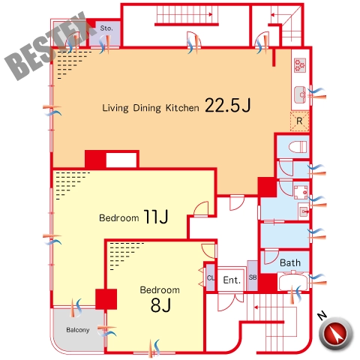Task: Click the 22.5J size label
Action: (x=228, y=105)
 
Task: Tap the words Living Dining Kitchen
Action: (x=151, y=108)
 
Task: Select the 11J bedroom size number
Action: (x=156, y=217)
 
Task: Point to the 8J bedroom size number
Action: (x=160, y=305)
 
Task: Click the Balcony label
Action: (x=78, y=330)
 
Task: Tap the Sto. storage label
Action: (x=106, y=28)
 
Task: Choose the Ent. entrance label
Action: (x=232, y=280)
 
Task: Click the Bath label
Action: (x=290, y=262)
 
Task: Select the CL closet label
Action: (x=211, y=277)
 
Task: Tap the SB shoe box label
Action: (x=253, y=277)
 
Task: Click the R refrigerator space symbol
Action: (x=299, y=121)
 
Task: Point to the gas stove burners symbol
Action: (x=300, y=65)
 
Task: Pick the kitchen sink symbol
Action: (x=300, y=94)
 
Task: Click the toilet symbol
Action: (x=298, y=147)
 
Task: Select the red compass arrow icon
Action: (x=336, y=333)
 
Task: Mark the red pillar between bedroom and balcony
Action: (x=106, y=299)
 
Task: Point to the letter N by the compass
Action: (x=322, y=316)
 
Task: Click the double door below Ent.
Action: (x=230, y=302)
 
